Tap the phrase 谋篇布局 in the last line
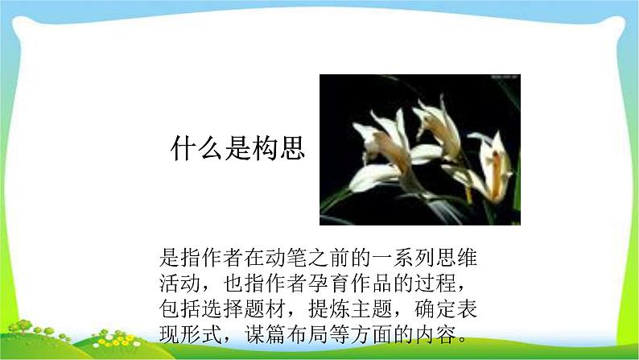pos(286,333)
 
